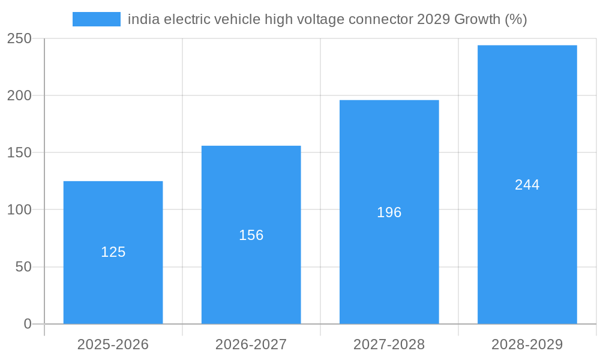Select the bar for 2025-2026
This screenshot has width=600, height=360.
pos(113,288)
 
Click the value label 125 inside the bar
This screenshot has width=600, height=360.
pos(113,252)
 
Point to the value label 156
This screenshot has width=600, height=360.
pos(251,235)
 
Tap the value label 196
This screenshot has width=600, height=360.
pos(389,212)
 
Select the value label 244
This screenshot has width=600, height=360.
pos(527,185)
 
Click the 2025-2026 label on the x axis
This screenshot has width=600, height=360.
pos(113,344)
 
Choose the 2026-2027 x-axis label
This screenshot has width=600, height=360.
pos(251,344)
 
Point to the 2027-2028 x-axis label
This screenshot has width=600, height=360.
pos(389,344)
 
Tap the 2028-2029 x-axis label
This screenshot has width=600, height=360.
pos(527,344)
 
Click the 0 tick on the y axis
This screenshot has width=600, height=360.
pos(28,324)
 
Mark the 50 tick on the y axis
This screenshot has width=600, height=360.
pos(23,267)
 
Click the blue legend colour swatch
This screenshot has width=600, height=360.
pos(96,19)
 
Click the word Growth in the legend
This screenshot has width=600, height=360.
pos(477,19)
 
